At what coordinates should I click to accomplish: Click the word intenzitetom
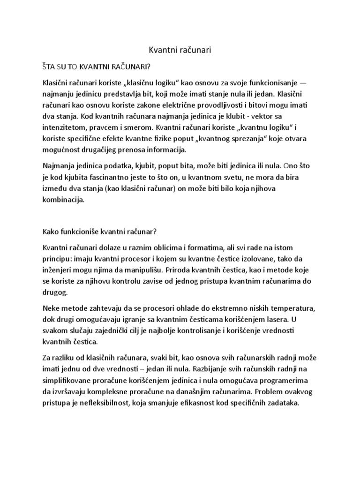[64, 127]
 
